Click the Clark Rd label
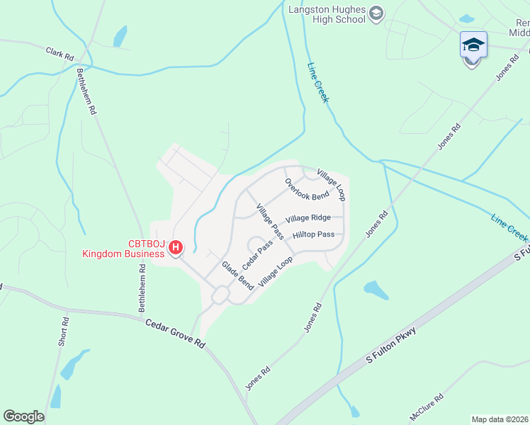[x=60, y=53]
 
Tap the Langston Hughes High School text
[x=327, y=14]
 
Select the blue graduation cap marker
[x=473, y=46]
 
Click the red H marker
[x=176, y=247]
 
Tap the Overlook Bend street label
[x=307, y=191]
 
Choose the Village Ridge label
[x=308, y=218]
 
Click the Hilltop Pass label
[x=312, y=234]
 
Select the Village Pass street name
[x=270, y=221]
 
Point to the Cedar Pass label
[x=257, y=254]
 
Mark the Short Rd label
[x=64, y=331]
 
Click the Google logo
[x=24, y=416]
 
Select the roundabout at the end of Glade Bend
[x=220, y=295]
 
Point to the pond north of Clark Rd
[x=120, y=35]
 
